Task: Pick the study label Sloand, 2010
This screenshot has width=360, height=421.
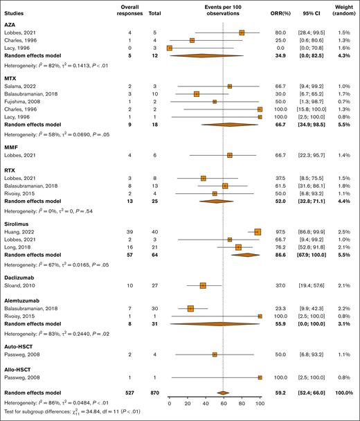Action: click(x=27, y=285)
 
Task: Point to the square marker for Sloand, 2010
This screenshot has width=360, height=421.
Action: click(x=203, y=285)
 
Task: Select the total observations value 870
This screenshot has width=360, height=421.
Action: click(x=154, y=391)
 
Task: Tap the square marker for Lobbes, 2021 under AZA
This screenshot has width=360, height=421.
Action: click(x=242, y=32)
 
